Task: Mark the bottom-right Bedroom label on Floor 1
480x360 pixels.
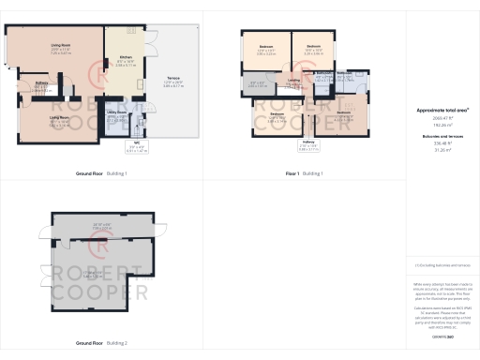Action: [x=344, y=114]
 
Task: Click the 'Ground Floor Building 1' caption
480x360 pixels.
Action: [x=100, y=174]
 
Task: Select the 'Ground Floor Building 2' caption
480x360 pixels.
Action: [x=100, y=333]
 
